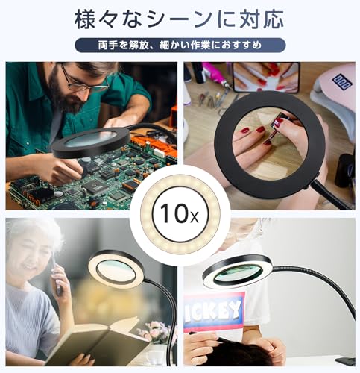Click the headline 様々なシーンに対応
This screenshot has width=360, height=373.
(x=180, y=18)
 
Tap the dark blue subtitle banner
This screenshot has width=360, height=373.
(x=180, y=46)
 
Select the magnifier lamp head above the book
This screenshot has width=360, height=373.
(x=116, y=269)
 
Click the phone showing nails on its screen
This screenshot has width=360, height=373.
(x=264, y=77)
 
